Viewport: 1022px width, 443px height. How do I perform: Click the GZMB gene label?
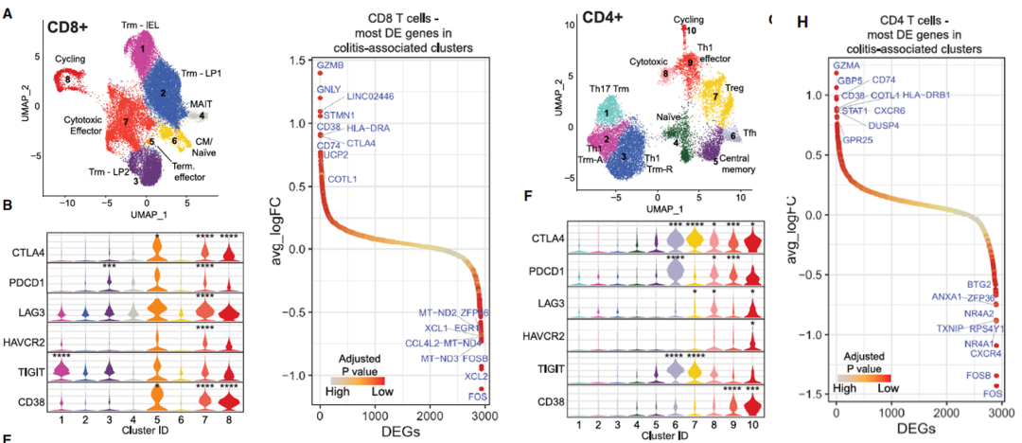(x=329, y=64)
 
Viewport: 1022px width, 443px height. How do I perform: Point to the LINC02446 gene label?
(x=370, y=96)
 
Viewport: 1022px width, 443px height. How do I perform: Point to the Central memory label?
(x=738, y=161)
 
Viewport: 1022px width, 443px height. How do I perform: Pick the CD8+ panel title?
(x=70, y=25)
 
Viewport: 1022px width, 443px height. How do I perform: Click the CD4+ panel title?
(x=599, y=18)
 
